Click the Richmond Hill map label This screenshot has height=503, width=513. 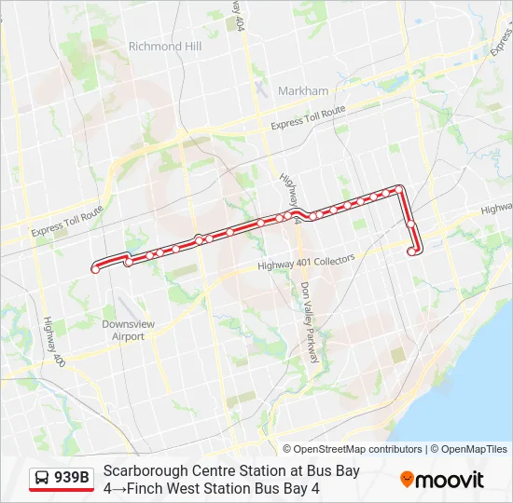(165, 47)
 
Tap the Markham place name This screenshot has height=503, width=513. (303, 91)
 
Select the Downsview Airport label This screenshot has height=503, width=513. (123, 331)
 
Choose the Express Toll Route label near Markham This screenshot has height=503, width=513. (308, 117)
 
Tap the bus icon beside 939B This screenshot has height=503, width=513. (42, 479)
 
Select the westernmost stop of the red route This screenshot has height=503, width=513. (95, 270)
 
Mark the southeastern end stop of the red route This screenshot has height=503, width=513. (412, 251)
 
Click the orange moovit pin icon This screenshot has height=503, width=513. (407, 480)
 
